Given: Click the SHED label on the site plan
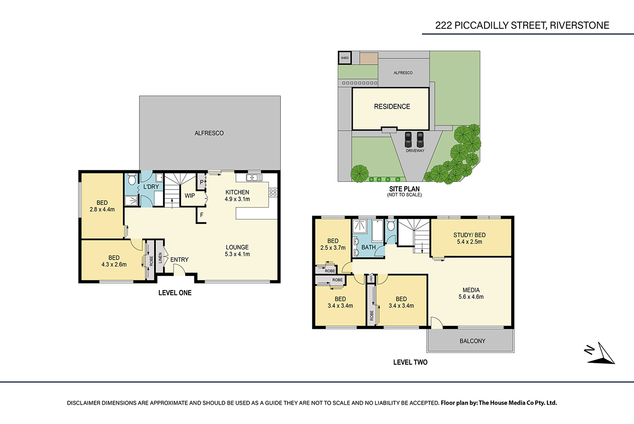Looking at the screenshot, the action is click(x=345, y=58).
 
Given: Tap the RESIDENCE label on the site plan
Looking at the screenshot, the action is click(x=392, y=106).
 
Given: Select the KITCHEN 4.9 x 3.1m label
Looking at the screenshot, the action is click(x=237, y=196).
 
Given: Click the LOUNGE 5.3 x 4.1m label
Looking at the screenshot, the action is click(x=237, y=251).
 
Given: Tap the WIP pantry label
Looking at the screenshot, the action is click(x=190, y=196).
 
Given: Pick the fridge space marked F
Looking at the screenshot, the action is click(x=202, y=215).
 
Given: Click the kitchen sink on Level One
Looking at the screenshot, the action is click(x=254, y=177).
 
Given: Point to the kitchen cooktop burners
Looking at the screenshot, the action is click(x=273, y=193).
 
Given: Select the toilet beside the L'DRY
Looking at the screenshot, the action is click(x=131, y=179).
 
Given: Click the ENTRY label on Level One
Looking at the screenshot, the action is click(x=179, y=260).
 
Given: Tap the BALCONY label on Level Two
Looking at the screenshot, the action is click(x=472, y=341).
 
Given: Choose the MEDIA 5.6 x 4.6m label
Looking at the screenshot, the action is click(x=471, y=293).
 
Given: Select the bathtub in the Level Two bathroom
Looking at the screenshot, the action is click(x=377, y=230).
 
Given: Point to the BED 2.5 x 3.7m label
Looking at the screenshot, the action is click(x=333, y=244).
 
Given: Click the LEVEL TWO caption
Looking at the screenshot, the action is click(x=411, y=362).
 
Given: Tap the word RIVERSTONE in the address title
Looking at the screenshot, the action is click(x=579, y=26).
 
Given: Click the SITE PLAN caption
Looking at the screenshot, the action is click(x=404, y=189).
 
